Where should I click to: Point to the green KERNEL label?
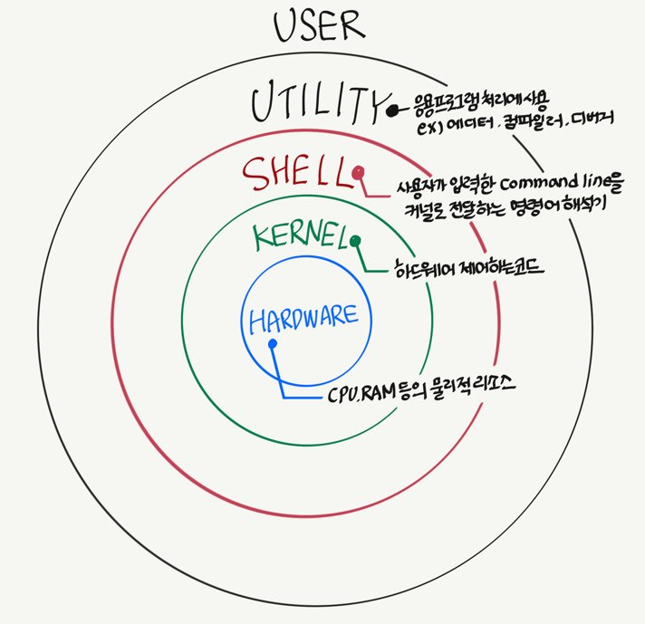pos(299,237)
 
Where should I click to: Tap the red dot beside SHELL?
pos(360,172)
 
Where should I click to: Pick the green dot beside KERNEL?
pos(356,241)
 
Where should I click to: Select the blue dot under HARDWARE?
pos(272,343)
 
